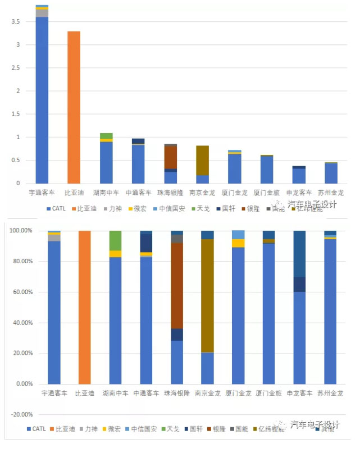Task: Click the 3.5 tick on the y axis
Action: click(x=19, y=21)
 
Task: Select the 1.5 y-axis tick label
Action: click(x=19, y=114)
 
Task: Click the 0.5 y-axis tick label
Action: click(x=19, y=161)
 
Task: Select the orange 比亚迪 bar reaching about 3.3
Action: click(x=74, y=107)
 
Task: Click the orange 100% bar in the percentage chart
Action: click(x=84, y=307)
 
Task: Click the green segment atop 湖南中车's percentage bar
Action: click(x=115, y=240)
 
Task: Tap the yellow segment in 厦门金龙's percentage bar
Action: click(x=238, y=243)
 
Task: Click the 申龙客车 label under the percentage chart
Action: click(x=299, y=393)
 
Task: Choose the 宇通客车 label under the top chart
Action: click(x=42, y=193)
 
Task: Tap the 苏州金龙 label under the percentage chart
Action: click(x=330, y=393)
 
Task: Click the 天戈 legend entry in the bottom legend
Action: click(x=171, y=429)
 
